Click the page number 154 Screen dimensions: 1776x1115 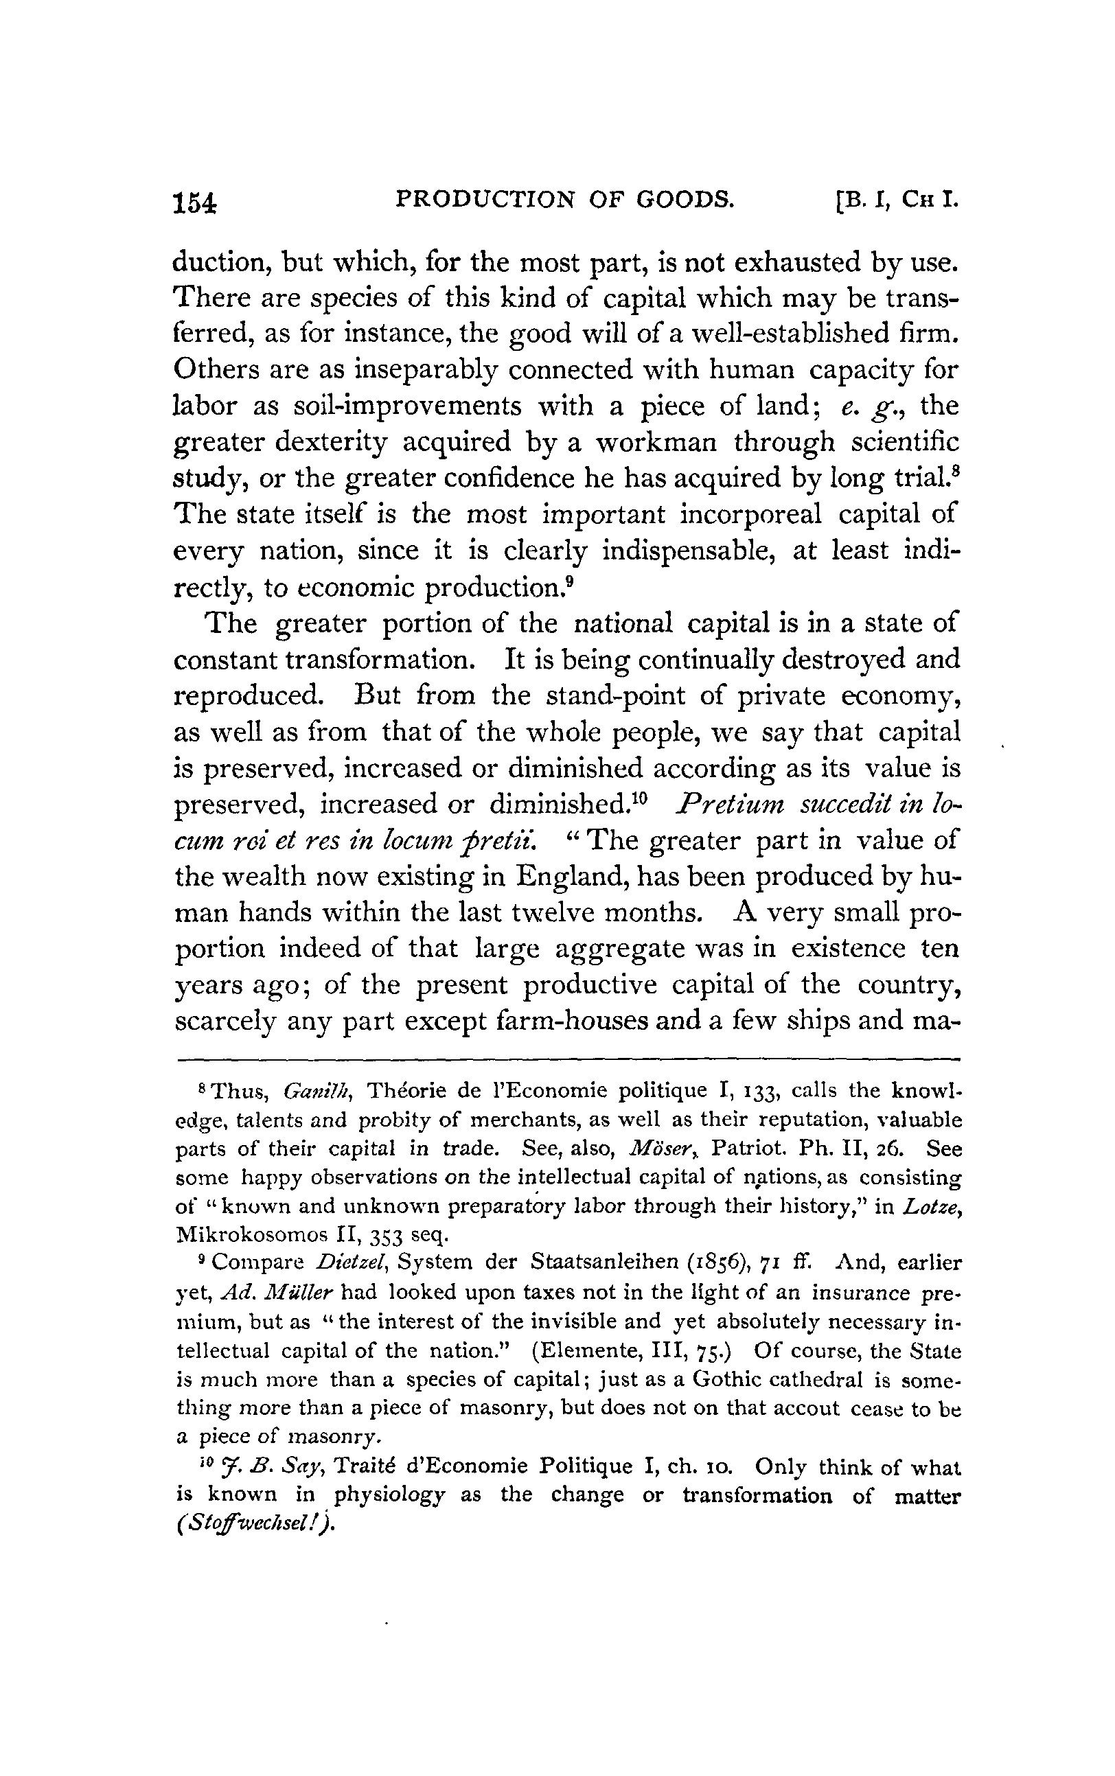(195, 202)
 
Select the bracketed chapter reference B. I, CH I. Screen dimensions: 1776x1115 (897, 200)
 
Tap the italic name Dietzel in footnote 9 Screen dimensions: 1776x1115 (350, 1264)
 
